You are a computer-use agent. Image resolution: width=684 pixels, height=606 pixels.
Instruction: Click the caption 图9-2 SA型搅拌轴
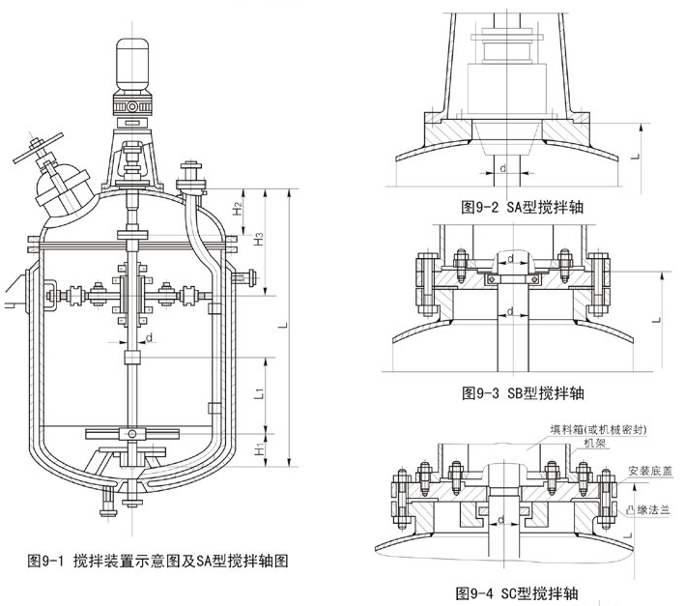pos(523,207)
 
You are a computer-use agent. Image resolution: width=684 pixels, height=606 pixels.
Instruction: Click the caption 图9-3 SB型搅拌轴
pos(523,393)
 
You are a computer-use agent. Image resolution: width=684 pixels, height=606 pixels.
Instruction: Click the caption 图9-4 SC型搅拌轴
pos(522,592)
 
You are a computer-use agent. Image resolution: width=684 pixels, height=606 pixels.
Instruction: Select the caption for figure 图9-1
pos(159,560)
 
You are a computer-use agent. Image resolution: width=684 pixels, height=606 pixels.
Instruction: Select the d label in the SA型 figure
pos(504,167)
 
